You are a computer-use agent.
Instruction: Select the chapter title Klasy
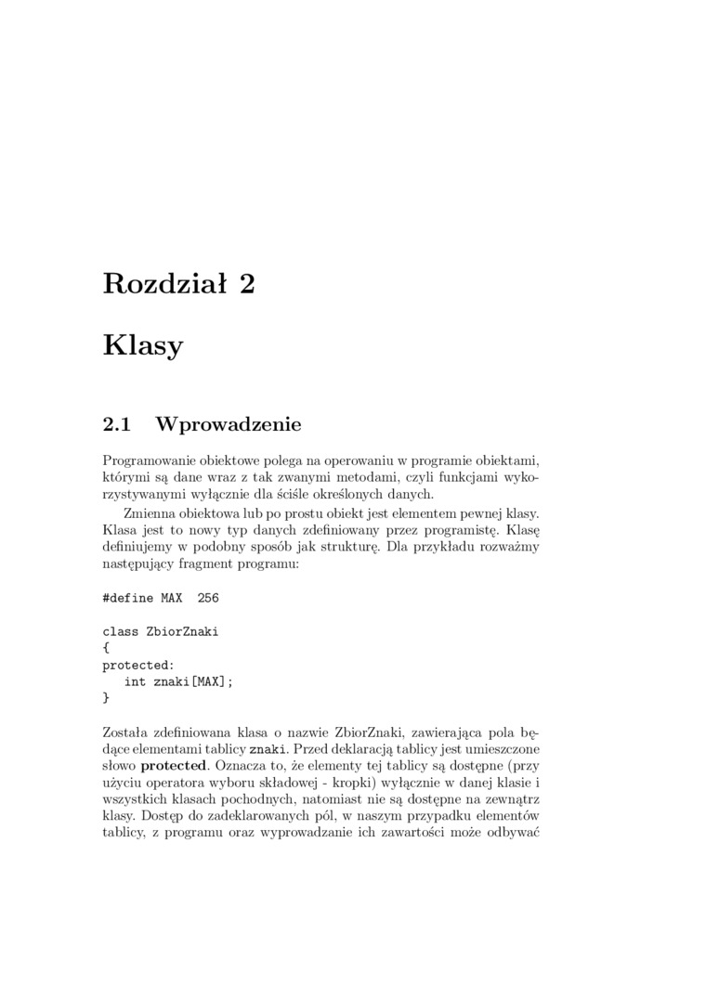[x=143, y=345]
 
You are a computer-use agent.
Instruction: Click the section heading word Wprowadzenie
[x=229, y=425]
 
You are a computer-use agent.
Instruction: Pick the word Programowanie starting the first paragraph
[x=148, y=460]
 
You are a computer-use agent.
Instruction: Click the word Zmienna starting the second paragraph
[x=150, y=512]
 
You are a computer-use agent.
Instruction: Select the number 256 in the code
[x=208, y=598]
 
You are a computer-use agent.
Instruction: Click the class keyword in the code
[x=121, y=631]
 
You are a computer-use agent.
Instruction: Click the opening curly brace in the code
[x=106, y=648]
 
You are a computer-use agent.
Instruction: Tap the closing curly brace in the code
[x=106, y=697]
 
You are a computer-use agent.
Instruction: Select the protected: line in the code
[x=137, y=665]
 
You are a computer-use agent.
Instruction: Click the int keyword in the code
[x=136, y=681]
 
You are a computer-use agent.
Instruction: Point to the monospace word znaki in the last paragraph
[x=269, y=749]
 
